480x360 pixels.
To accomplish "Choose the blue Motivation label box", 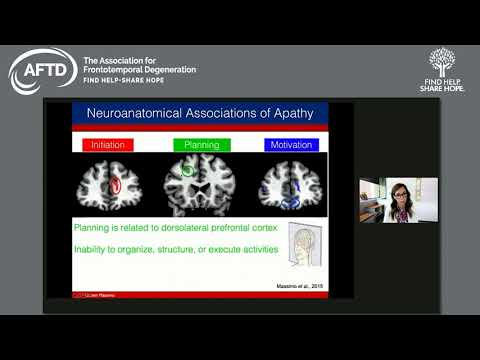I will pos(291,145).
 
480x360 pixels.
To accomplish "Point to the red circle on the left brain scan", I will pos(116,185).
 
